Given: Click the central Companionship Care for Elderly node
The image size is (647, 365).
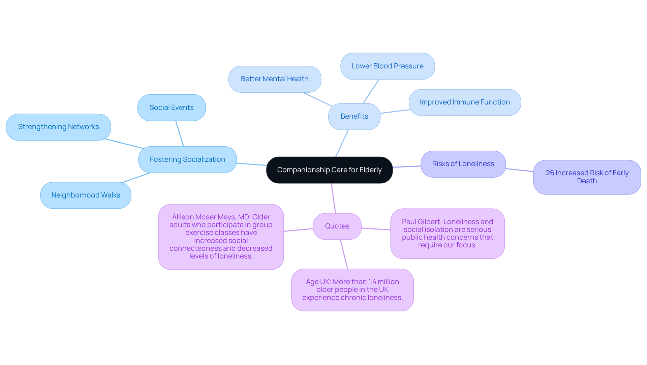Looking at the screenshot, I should coord(329,170).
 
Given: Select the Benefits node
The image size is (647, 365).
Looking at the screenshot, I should coord(354,116).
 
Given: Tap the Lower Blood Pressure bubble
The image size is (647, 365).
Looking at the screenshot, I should coord(388,66).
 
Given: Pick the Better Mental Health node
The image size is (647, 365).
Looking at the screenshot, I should coord(274,79).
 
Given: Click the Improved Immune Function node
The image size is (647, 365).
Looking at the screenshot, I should coord(465,102).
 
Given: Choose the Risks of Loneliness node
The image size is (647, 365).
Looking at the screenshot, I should coord(463,164).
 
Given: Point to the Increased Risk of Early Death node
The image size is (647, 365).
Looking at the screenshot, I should coord(587,177).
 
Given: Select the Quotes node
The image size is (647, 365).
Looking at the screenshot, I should coord(337,226).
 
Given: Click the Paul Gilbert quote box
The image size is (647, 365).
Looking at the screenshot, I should coord(447,233).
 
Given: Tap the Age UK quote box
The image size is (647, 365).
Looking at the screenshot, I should coord(352,290).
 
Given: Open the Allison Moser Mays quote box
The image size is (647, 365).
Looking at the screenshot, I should coord(221,237).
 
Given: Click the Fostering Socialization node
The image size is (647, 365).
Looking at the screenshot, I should coord(187,159).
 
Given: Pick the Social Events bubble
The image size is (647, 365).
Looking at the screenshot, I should coord(172,108).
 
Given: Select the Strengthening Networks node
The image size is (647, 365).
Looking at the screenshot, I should coord(58,127).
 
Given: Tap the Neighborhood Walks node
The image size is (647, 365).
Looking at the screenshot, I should coord(86,195).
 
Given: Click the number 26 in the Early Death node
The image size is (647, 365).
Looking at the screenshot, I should coord(550,173).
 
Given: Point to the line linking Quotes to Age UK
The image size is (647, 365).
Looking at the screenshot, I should coord(344,254).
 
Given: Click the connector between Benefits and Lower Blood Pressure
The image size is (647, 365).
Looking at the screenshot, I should coord(371,91).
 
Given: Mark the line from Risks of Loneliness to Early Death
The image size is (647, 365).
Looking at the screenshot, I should coord(519,170).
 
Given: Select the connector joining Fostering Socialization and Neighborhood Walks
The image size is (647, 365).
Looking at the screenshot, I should coord(136,178).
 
